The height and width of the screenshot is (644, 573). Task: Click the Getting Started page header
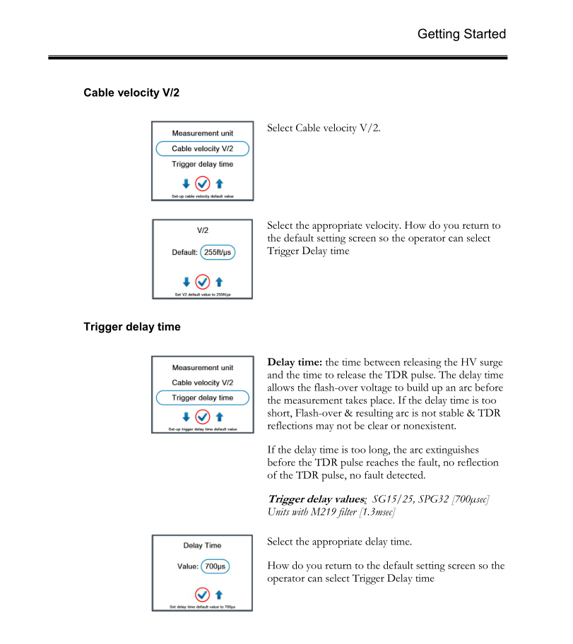(x=461, y=34)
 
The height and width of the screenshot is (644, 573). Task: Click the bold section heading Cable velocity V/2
(x=131, y=93)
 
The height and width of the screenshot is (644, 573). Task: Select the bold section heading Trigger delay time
(x=131, y=327)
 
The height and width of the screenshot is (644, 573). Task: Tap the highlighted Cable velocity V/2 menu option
(x=202, y=149)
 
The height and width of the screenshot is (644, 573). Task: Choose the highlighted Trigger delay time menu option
(x=202, y=398)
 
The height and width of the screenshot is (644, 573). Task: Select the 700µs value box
(x=215, y=566)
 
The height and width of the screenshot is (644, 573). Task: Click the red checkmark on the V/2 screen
(x=202, y=281)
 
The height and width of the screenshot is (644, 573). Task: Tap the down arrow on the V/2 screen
(x=186, y=281)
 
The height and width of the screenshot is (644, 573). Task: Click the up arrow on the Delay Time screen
(x=219, y=593)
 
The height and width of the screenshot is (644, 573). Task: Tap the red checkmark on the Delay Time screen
(x=202, y=593)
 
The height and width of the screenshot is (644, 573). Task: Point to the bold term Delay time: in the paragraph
(x=295, y=362)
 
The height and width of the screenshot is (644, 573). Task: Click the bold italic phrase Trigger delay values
(x=315, y=499)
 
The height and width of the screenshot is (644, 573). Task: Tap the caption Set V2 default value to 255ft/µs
(x=202, y=294)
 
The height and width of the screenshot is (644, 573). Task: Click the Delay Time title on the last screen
(x=202, y=545)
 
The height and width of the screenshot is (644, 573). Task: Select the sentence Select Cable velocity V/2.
(x=324, y=128)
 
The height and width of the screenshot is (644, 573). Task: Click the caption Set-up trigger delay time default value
(x=202, y=429)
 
